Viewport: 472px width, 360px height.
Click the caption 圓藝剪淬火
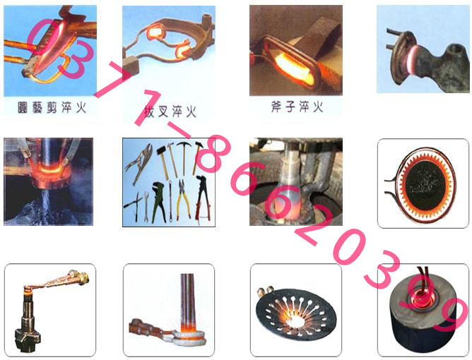pyautogui.click(x=52, y=107)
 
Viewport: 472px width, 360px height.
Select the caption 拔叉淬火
pyautogui.click(x=170, y=112)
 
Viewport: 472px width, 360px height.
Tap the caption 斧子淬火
pyautogui.click(x=297, y=107)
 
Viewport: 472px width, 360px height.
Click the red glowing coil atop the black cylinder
pyautogui.click(x=423, y=297)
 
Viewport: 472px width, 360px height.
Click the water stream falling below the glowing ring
pyautogui.click(x=46, y=205)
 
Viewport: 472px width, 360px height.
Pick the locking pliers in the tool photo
pyautogui.click(x=139, y=163)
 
